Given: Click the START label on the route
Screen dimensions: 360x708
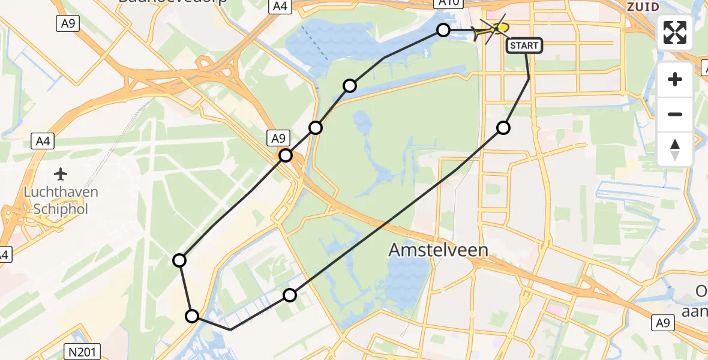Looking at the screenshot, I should click(524, 46).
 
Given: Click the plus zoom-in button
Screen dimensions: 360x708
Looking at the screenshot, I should click(675, 80).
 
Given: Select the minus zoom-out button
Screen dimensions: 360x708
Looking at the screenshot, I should click(675, 114).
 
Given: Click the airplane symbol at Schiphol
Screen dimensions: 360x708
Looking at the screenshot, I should click(61, 175).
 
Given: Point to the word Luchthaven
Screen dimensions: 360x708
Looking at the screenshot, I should click(61, 193).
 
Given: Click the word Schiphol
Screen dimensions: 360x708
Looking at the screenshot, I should click(61, 209).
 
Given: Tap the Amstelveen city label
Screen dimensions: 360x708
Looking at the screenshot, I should click(438, 250).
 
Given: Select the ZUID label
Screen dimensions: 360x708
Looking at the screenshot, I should click(643, 7).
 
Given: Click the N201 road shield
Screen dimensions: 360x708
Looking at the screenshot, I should click(82, 352).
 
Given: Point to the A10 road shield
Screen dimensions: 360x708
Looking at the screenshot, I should click(449, 3).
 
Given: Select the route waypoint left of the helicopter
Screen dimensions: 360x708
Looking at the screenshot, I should click(443, 30).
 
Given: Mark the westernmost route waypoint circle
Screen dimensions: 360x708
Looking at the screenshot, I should click(179, 260).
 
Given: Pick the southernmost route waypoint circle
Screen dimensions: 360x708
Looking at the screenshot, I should click(192, 316).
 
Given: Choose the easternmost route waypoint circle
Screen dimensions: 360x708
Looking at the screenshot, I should click(503, 128).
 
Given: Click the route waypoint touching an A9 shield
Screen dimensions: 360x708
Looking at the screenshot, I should click(286, 156).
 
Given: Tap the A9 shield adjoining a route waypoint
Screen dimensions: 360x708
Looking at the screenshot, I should click(278, 139).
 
